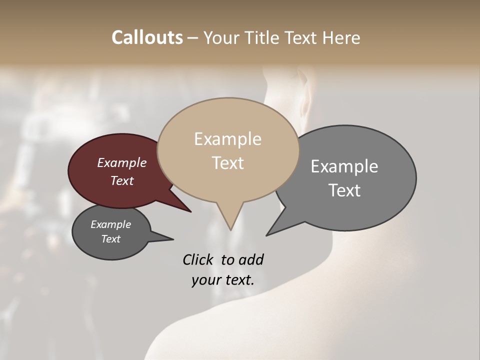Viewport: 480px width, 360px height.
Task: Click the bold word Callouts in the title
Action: pyautogui.click(x=147, y=37)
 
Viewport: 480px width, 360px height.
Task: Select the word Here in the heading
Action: pyautogui.click(x=340, y=37)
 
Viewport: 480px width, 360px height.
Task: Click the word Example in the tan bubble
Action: pyautogui.click(x=227, y=139)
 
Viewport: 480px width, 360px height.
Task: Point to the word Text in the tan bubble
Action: pyautogui.click(x=227, y=163)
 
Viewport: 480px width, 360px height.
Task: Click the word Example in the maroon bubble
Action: pyautogui.click(x=121, y=162)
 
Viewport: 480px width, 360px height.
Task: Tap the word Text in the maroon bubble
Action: pyautogui.click(x=121, y=180)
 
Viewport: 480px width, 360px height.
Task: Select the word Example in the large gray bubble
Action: pyautogui.click(x=344, y=166)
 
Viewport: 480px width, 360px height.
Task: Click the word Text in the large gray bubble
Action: pyautogui.click(x=344, y=190)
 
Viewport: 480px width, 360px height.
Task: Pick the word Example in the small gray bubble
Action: pyautogui.click(x=110, y=224)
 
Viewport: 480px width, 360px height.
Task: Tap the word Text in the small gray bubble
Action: pyautogui.click(x=110, y=239)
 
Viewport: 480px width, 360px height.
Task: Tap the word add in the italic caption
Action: pyautogui.click(x=250, y=259)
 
